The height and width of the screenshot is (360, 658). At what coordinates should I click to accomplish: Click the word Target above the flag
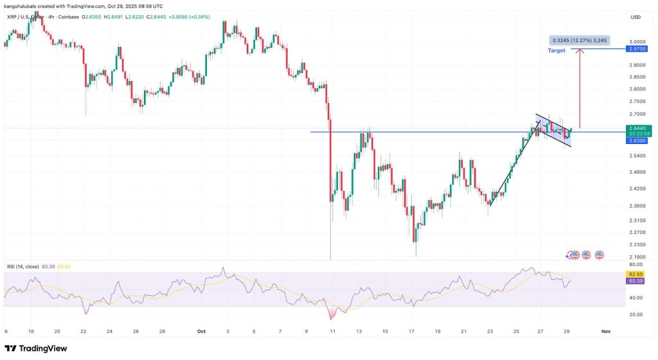point(556,50)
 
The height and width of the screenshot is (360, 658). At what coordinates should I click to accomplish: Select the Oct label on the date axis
point(201,331)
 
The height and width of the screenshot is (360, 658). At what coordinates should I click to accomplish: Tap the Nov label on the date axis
point(605,331)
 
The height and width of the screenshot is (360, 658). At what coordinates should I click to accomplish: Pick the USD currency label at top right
point(636,17)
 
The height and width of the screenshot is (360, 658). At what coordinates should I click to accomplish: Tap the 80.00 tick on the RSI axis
point(637,264)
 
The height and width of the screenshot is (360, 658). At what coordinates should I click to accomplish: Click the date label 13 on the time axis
point(358,331)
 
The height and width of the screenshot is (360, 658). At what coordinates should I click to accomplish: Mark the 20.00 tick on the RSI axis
point(637,314)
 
